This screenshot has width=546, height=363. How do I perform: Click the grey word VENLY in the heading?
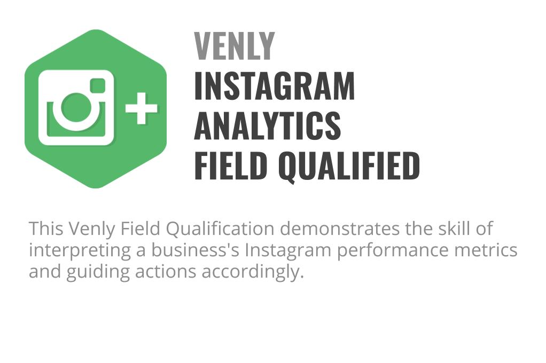235,46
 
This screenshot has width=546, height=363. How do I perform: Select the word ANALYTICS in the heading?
268,125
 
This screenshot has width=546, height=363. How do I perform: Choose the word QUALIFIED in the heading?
349,167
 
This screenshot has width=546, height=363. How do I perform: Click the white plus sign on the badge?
142,108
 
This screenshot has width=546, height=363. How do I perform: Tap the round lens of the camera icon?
76,107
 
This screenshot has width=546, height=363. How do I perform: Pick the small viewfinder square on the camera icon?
97,85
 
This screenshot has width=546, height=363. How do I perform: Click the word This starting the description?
46,228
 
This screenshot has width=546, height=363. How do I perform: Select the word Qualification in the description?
220,229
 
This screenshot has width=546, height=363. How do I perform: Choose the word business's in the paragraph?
195,250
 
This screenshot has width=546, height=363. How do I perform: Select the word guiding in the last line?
98,272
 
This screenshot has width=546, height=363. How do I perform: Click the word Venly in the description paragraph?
92,229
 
